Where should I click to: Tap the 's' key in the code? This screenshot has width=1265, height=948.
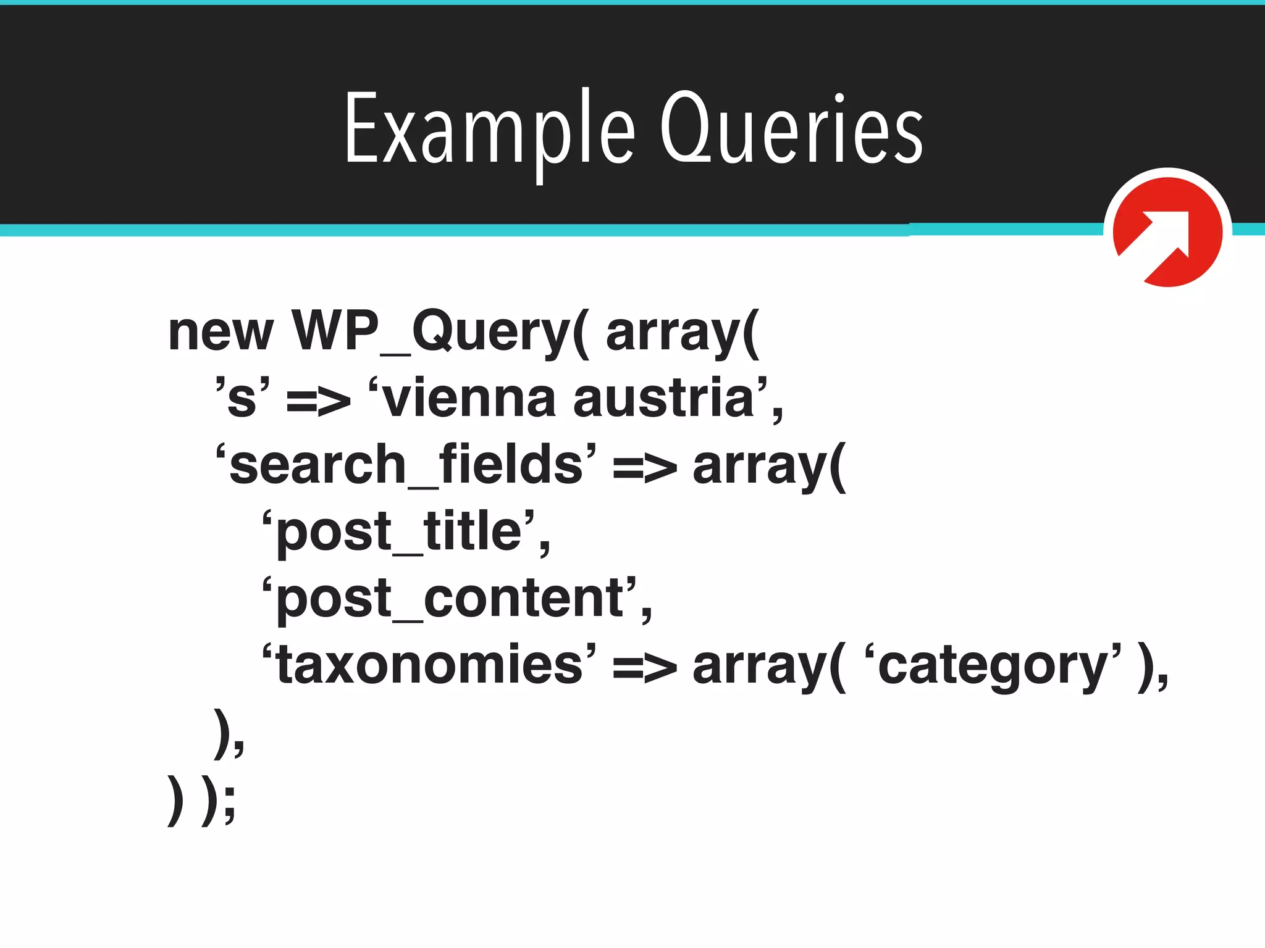242,399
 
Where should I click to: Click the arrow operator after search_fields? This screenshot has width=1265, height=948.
644,468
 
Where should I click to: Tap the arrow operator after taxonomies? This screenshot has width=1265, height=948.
644,668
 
